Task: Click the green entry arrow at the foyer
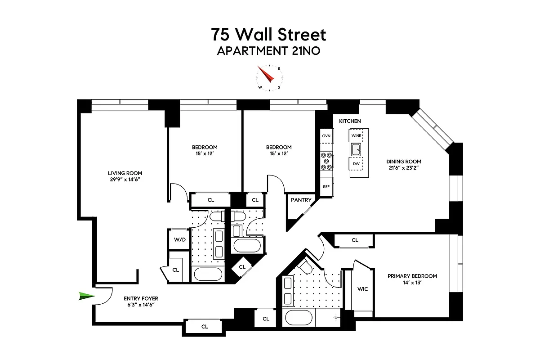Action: tap(86, 296)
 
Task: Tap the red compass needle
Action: tap(266, 74)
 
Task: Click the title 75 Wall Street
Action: tap(269, 34)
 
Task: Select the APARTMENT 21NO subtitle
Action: tap(269, 51)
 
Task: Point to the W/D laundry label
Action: tap(179, 239)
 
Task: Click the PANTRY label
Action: tap(301, 200)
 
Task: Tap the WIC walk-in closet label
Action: tap(362, 289)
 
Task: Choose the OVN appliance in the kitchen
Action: tap(326, 135)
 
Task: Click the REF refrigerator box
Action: tap(326, 186)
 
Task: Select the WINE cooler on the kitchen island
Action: tap(357, 135)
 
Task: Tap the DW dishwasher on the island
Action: tap(356, 164)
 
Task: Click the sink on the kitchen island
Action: tap(357, 149)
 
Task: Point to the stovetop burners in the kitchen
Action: tap(326, 161)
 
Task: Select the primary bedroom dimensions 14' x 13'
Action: tap(412, 283)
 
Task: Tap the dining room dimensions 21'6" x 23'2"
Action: tap(403, 168)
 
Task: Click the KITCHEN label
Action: tap(350, 121)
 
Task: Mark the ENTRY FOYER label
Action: tap(141, 298)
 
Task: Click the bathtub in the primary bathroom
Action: tap(299, 318)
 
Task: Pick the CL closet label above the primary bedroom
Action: tap(355, 240)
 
